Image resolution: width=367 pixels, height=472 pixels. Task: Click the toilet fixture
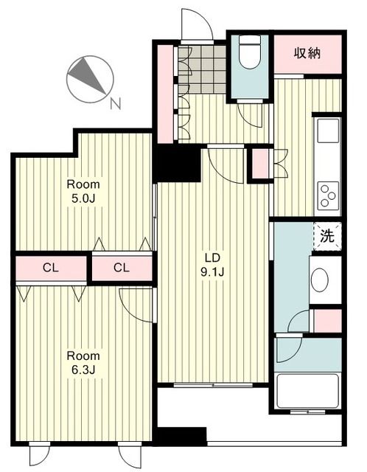249,52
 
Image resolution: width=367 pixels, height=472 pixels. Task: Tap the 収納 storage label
307,54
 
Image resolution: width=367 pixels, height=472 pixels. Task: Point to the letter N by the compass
116,104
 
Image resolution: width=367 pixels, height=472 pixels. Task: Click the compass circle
90,80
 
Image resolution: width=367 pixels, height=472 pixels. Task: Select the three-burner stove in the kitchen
329,195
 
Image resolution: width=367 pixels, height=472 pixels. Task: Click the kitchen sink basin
328,131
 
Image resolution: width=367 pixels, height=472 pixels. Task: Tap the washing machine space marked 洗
327,236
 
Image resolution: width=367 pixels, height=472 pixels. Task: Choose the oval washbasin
320,280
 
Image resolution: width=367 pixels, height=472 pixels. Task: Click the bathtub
307,391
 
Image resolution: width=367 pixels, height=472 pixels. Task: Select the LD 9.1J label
213,265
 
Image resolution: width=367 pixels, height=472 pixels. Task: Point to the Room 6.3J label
83,363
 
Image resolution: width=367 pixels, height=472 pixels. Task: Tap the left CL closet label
51,268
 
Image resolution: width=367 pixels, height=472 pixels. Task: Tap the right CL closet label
122,268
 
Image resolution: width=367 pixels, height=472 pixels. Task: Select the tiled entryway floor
202,69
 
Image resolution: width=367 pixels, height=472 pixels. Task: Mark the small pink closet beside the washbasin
328,321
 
